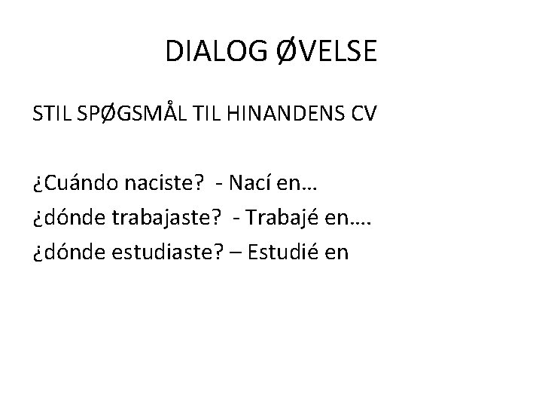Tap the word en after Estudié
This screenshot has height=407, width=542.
[336, 252]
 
